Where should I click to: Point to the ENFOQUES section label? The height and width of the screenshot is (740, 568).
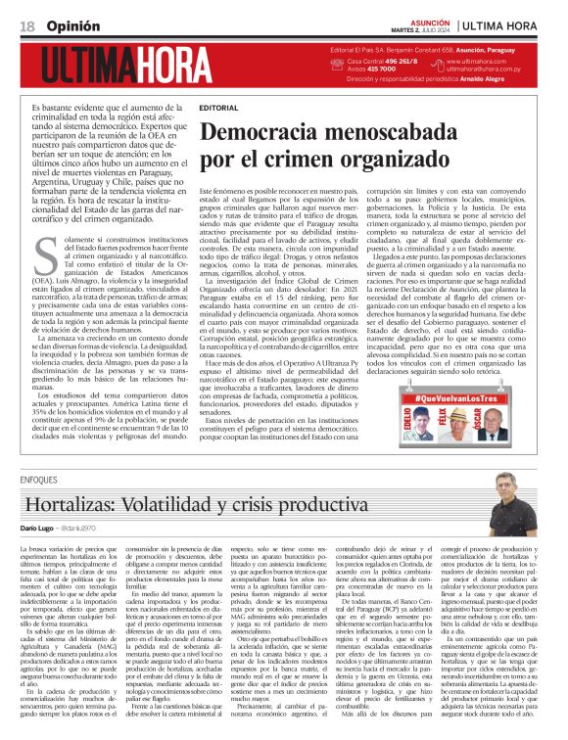37,481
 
